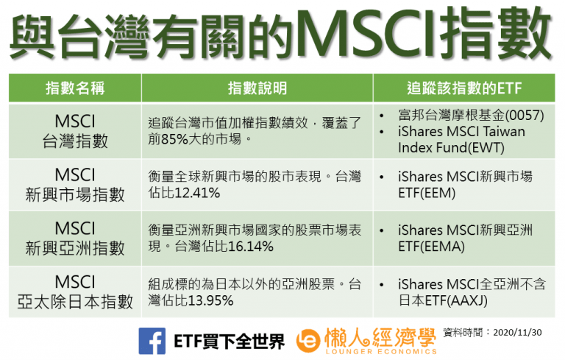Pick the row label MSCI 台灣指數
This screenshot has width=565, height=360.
(x=75, y=130)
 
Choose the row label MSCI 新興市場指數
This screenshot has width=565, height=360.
(x=75, y=186)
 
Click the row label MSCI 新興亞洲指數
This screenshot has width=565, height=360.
(x=75, y=239)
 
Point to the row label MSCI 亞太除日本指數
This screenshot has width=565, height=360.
(x=75, y=292)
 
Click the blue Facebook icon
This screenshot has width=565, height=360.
(x=152, y=340)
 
